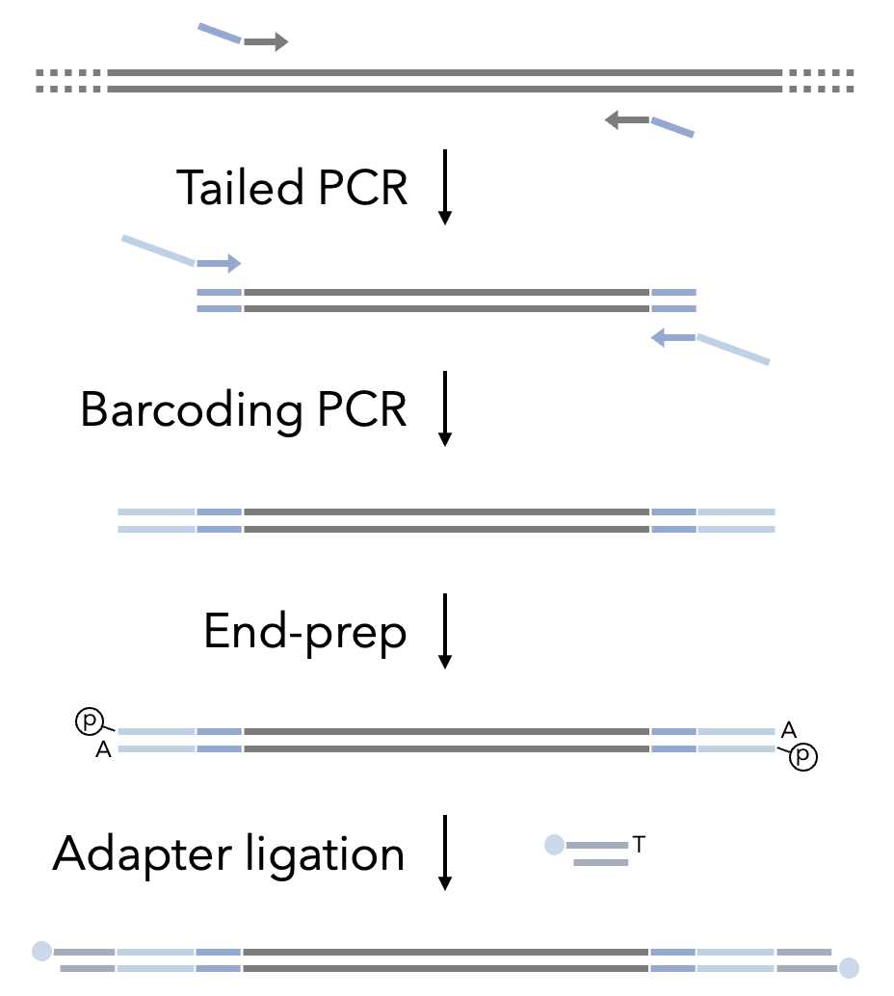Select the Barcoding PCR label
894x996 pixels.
pos(244,409)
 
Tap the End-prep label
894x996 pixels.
pos(304,632)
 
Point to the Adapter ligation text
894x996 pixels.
pos(228,853)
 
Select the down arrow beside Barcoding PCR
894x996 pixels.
pos(444,408)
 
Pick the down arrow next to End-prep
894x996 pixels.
pos(444,631)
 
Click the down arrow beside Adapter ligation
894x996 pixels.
pos(444,852)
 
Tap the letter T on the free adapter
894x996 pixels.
pos(639,845)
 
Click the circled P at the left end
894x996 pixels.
pos(89,721)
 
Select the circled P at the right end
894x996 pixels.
pos(802,758)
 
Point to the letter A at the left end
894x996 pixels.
pos(103,750)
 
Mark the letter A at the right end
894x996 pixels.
pos(788,731)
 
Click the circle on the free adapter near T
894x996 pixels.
pos(554,845)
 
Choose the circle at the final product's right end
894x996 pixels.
pos(849,967)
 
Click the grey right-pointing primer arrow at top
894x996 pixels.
pos(266,41)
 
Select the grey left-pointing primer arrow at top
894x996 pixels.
pos(626,119)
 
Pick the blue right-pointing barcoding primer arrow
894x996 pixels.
pos(220,263)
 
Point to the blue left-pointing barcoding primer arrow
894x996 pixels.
pos(673,337)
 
